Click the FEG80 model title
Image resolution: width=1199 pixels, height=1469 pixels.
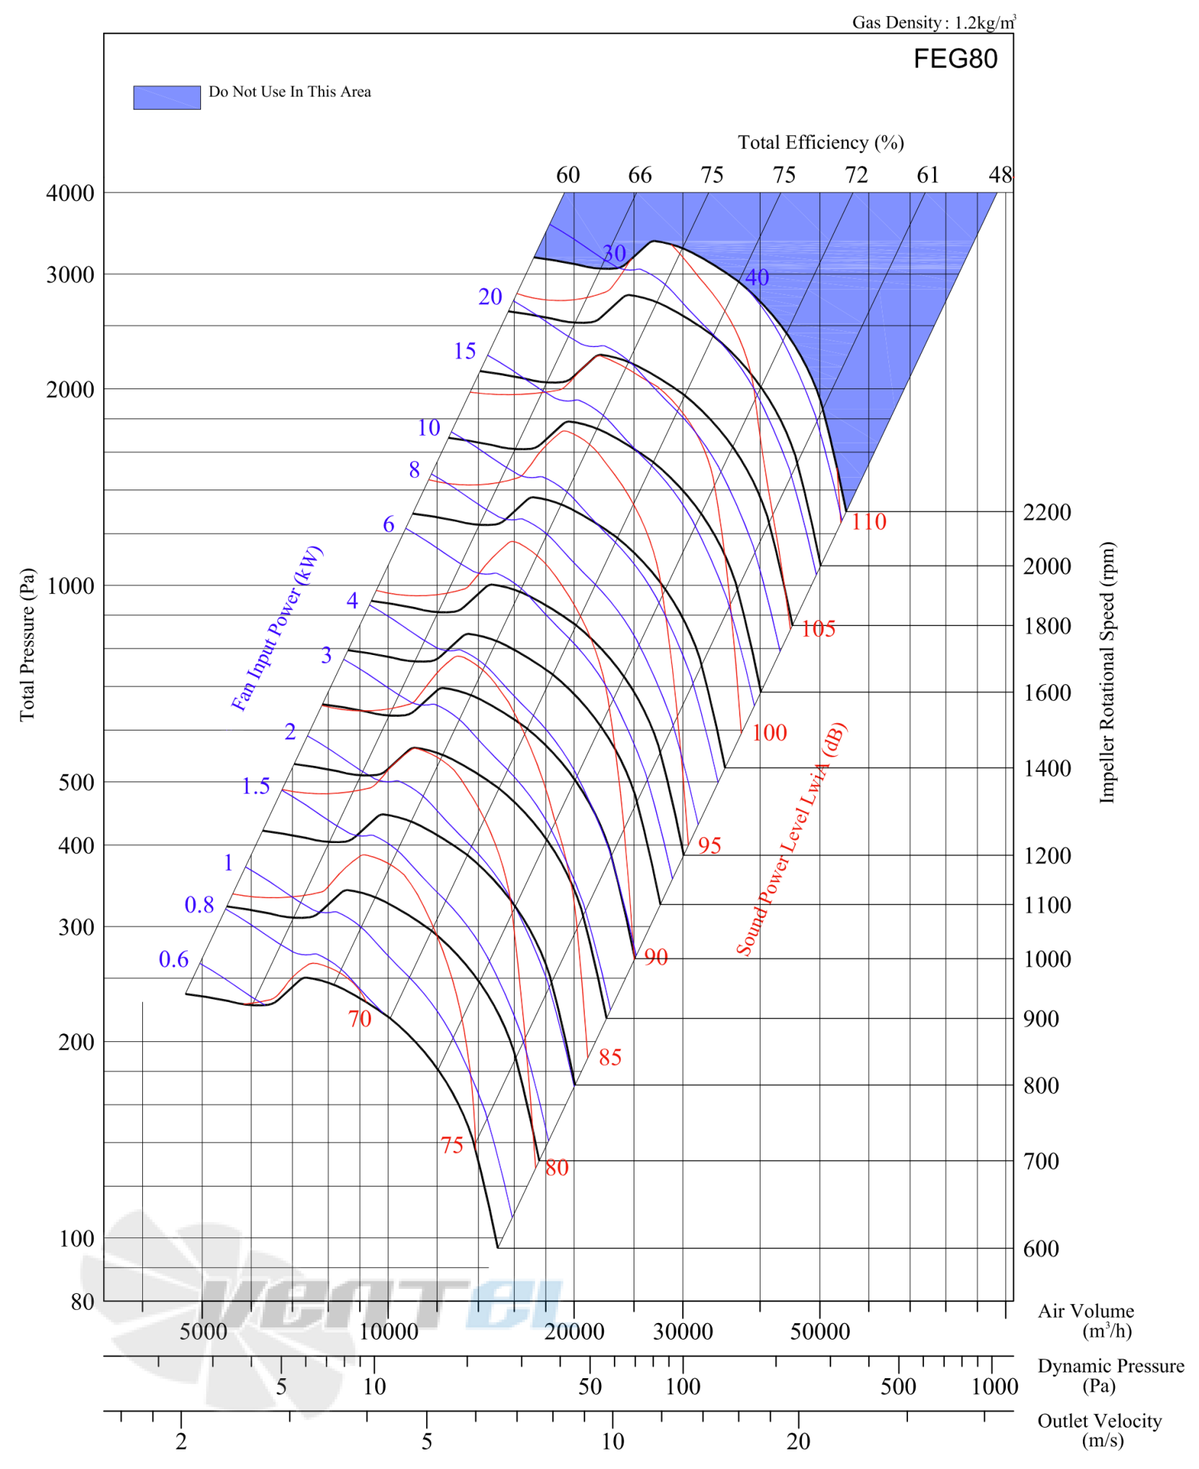point(955,59)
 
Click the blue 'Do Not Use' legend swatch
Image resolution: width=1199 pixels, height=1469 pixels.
point(167,97)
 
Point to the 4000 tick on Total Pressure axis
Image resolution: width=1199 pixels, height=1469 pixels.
point(70,193)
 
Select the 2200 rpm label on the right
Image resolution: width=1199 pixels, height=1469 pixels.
point(1047,513)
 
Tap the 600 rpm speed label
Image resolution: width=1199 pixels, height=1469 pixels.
point(1041,1249)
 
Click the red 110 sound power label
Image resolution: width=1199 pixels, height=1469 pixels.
point(869,521)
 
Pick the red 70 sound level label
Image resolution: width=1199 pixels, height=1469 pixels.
point(360,1019)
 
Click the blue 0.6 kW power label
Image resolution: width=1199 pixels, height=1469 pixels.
point(173,959)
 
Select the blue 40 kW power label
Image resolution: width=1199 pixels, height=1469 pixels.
point(757,277)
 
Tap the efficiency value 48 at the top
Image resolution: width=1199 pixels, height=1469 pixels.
point(1000,175)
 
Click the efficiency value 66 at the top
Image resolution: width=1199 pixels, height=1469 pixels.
point(639,175)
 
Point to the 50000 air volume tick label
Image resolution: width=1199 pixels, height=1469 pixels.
point(820,1332)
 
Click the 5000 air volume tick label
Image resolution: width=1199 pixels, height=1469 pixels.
point(203,1332)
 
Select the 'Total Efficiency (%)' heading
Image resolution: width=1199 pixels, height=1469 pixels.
point(821,142)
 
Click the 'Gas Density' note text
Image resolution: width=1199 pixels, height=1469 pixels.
point(933,23)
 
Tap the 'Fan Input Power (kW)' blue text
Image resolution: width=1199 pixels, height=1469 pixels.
point(277,628)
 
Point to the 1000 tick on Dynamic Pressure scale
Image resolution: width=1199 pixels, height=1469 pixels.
point(994,1387)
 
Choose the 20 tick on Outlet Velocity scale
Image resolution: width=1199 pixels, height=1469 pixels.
point(798,1441)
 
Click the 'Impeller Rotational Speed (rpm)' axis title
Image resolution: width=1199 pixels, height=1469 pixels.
point(1106,672)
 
